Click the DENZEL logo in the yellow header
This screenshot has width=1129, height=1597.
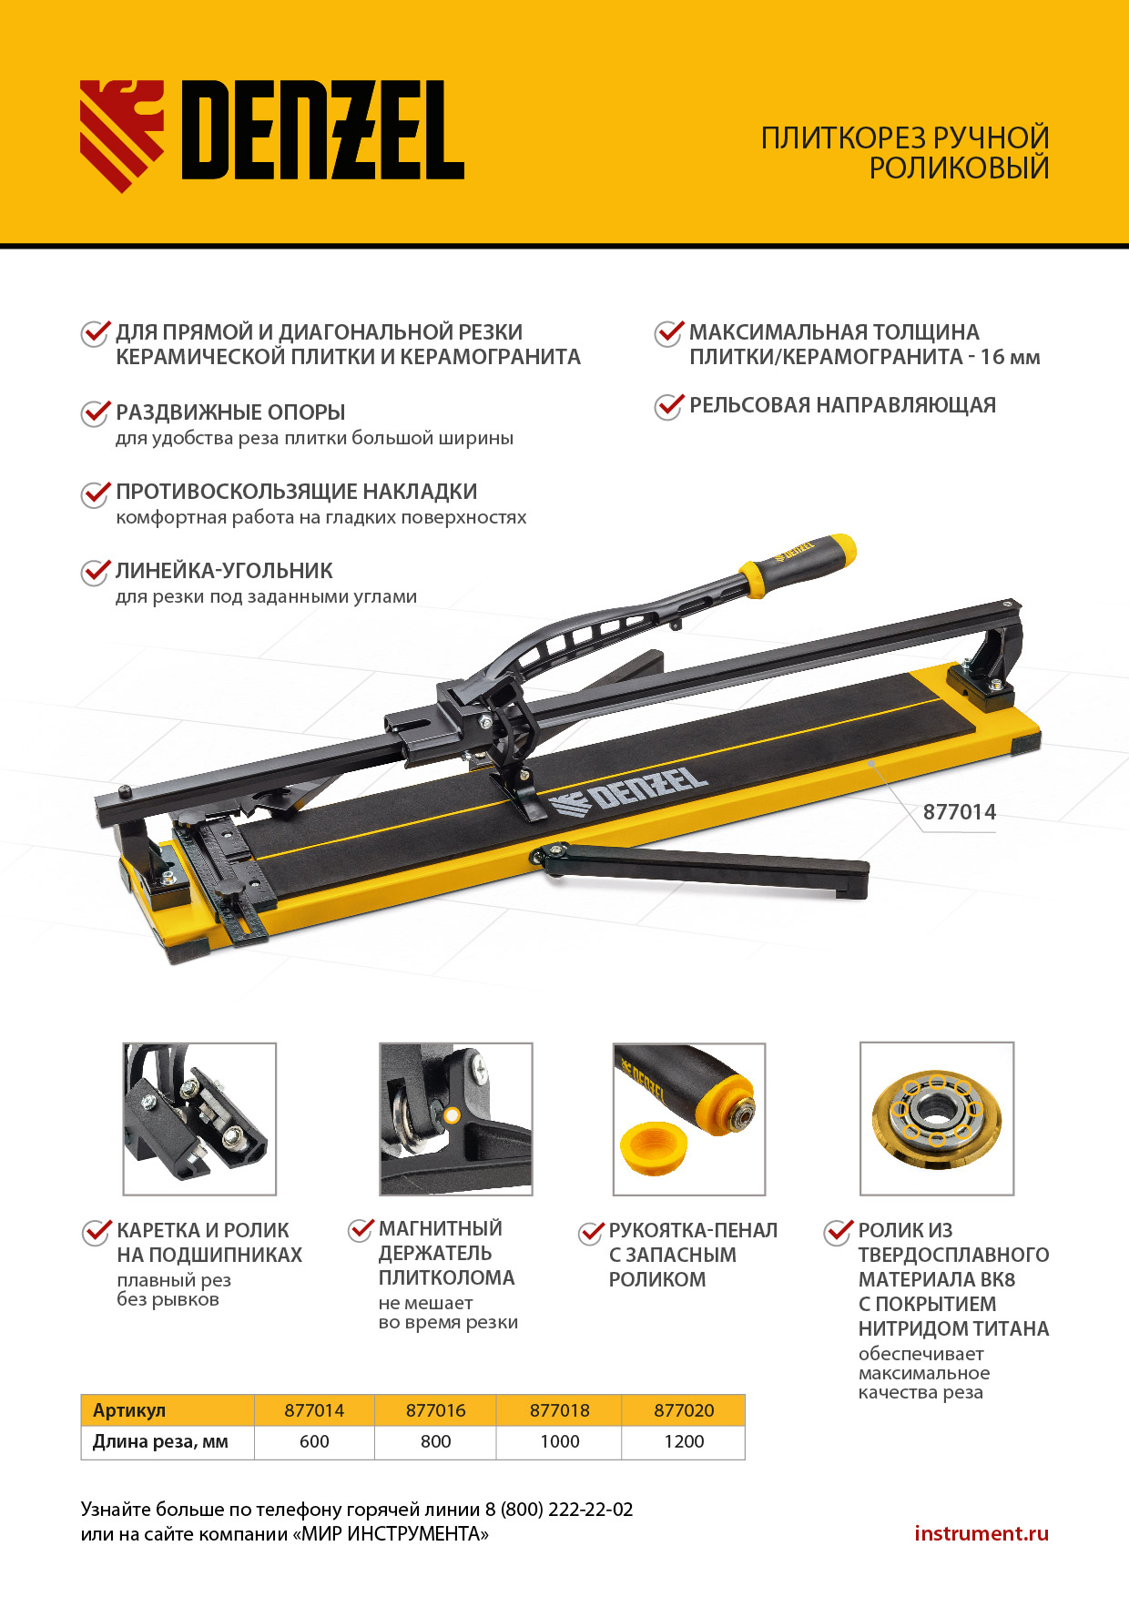pos(272,135)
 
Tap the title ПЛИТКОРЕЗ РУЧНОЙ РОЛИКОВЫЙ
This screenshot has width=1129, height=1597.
pos(905,153)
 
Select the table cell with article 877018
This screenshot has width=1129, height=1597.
pos(559,1410)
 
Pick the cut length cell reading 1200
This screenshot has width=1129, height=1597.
pos(684,1442)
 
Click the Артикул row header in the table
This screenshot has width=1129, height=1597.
pos(129,1410)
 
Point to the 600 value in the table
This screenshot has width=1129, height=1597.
pos(314,1442)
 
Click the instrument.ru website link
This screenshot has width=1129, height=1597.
pos(982,1533)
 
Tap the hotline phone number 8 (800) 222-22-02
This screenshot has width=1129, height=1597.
pos(559,1510)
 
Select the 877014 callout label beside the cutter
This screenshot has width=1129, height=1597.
pos(960,812)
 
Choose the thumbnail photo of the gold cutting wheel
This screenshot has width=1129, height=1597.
pos(937,1119)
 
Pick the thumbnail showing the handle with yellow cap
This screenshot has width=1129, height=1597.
pos(689,1119)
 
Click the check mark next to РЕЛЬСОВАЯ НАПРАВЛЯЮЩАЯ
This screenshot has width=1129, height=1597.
pos(669,405)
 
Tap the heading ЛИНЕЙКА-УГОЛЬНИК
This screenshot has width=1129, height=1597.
pos(224,571)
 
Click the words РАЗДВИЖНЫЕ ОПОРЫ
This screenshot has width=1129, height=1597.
pos(230,412)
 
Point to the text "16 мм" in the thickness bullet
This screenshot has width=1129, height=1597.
pos(1010,357)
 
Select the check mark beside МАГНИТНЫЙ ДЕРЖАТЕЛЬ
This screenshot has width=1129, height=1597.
pos(361,1230)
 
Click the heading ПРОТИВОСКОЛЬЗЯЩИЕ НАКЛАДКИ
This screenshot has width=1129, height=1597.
pos(297,492)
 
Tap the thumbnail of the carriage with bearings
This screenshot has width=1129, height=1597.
pos(199,1119)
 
